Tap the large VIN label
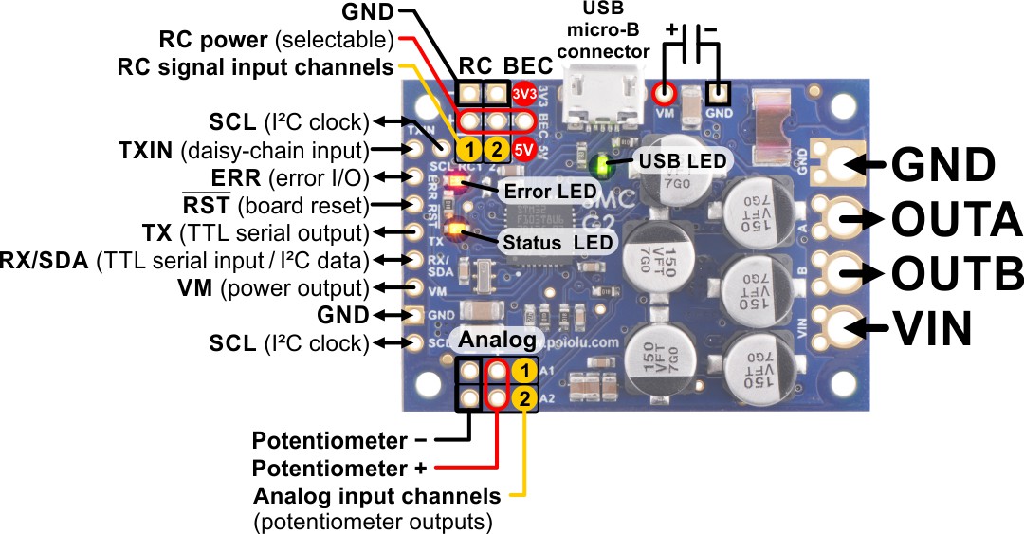(933, 328)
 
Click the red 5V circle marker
(522, 149)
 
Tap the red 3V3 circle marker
(522, 94)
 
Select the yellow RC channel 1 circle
(469, 149)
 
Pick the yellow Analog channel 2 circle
(522, 398)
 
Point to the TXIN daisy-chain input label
(243, 149)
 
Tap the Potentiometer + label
(338, 469)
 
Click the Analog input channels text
(376, 496)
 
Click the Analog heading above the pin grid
(498, 341)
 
